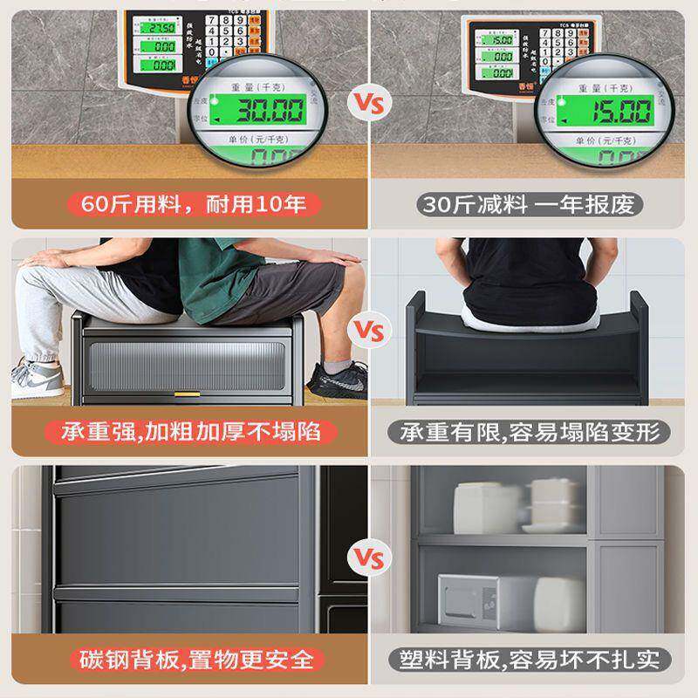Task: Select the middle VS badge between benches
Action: [366, 332]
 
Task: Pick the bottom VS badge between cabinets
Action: [366, 556]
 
